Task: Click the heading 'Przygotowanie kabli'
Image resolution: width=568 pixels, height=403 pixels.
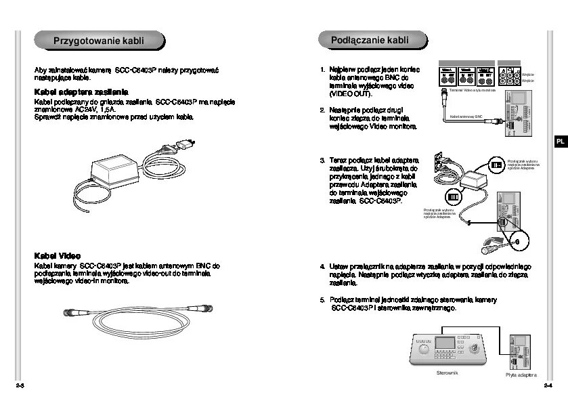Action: tap(99, 42)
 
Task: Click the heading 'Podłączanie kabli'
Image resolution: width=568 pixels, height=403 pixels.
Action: tap(370, 41)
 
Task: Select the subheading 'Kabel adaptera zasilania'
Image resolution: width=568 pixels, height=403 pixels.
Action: tap(81, 91)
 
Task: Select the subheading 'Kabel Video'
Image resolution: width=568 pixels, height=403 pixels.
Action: tap(58, 255)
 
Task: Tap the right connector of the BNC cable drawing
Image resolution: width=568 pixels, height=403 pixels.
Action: tap(201, 308)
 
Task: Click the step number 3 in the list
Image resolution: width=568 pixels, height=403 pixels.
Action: tap(323, 161)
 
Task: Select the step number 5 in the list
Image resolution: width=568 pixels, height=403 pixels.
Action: tap(323, 299)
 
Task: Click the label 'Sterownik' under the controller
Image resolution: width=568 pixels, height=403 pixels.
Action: tap(447, 373)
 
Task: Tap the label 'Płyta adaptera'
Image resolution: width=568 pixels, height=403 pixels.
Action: tap(521, 375)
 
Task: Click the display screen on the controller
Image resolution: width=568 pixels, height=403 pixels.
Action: tap(444, 343)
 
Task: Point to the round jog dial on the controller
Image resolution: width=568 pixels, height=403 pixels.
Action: tap(424, 351)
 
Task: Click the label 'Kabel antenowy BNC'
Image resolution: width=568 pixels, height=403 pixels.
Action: tap(466, 116)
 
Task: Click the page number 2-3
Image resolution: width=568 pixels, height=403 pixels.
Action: tap(20, 385)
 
